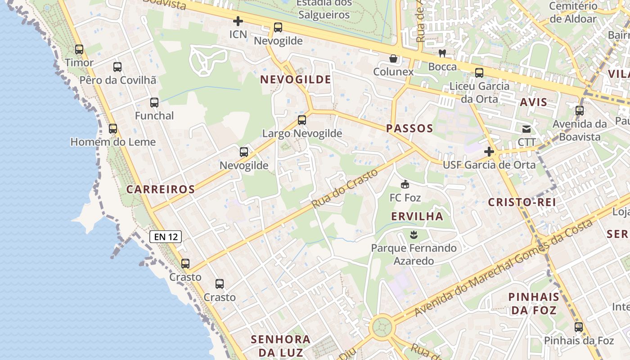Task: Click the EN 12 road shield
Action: [x=166, y=236]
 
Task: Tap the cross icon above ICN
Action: [x=238, y=21]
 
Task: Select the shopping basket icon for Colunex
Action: [x=393, y=58]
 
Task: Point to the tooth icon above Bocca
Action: [x=442, y=53]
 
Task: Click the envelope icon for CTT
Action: [x=526, y=129]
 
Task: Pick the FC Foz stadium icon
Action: [x=405, y=184]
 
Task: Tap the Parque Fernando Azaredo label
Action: [x=414, y=254]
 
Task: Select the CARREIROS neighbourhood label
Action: [x=161, y=189]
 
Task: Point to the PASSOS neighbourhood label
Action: [x=409, y=128]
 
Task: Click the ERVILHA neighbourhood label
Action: [x=417, y=216]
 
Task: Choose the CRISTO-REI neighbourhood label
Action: [x=522, y=202]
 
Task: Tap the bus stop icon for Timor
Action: [x=79, y=49]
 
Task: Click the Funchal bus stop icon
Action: [x=154, y=103]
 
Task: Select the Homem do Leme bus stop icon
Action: [x=113, y=129]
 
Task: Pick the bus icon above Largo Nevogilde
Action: [x=302, y=120]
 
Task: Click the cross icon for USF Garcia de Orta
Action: [x=489, y=152]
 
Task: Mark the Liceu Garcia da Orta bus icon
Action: [x=479, y=73]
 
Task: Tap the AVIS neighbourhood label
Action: [x=534, y=102]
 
